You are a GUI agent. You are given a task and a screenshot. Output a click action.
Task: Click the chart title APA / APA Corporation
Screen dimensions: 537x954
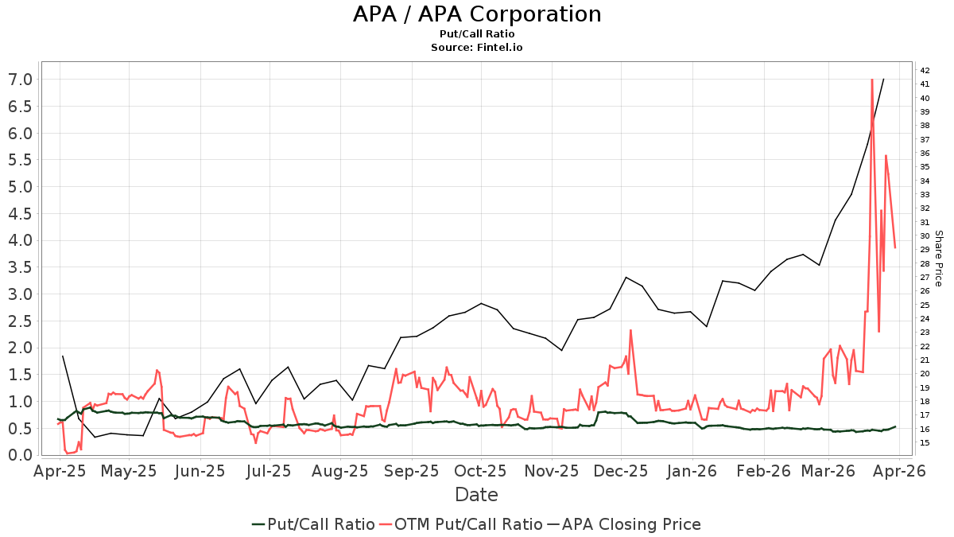(x=477, y=14)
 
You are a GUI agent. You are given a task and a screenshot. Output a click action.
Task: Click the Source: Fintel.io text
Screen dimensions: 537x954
(x=477, y=48)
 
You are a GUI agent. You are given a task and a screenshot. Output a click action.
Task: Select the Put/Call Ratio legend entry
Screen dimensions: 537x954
(x=313, y=524)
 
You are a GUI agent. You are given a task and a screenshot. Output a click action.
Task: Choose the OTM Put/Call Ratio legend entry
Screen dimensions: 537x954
(x=461, y=524)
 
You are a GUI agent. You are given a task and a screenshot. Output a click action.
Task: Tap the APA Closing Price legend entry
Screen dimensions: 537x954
(x=624, y=524)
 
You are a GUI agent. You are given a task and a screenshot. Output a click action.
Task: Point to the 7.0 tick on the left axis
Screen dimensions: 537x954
(x=21, y=80)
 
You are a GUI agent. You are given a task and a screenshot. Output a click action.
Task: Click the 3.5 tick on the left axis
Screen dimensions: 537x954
(x=21, y=267)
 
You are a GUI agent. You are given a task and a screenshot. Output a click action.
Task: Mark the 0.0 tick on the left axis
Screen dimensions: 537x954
(x=21, y=455)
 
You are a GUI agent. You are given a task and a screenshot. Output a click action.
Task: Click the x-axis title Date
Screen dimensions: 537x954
(x=477, y=495)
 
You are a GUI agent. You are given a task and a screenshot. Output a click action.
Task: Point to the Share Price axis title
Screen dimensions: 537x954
(x=938, y=259)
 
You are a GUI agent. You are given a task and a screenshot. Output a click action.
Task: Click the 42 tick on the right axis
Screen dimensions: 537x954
(x=925, y=70)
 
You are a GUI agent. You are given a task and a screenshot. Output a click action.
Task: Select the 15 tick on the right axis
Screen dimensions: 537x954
(x=925, y=443)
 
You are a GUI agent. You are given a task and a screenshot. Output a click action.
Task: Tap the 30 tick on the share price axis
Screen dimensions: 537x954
(x=925, y=235)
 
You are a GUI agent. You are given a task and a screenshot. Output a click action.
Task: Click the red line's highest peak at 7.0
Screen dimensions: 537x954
(x=872, y=80)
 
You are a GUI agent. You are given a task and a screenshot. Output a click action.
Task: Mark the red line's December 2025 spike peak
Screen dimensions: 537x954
(x=630, y=330)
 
